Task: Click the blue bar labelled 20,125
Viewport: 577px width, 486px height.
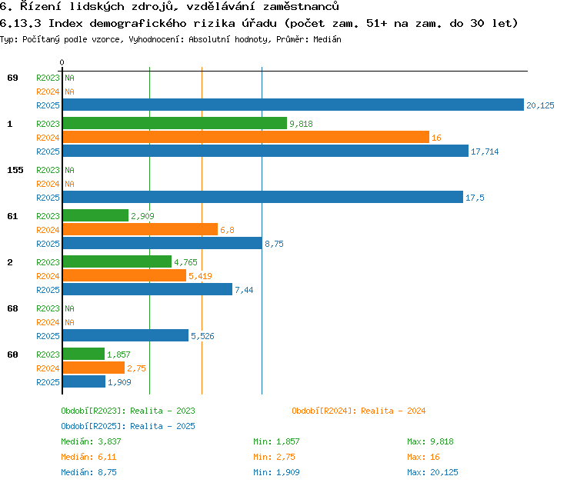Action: (x=293, y=105)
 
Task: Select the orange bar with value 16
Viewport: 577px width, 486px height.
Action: (x=246, y=137)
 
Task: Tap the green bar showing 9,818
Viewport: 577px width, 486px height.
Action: (x=175, y=123)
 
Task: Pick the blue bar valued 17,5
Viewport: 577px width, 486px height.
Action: (x=263, y=197)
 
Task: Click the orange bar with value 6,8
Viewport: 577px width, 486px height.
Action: (x=140, y=229)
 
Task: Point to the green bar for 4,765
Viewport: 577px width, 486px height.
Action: (x=117, y=261)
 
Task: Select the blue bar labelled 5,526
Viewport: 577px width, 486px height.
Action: (x=125, y=335)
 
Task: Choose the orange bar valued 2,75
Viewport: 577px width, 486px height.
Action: (x=94, y=368)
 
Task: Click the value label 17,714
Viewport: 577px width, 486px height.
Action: (x=485, y=151)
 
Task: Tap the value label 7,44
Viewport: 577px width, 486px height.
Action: (x=244, y=290)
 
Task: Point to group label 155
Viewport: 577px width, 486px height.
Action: (x=15, y=170)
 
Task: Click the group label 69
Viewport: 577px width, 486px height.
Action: (x=12, y=78)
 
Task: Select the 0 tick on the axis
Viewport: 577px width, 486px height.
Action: (x=62, y=62)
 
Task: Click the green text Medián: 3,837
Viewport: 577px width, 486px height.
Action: (x=91, y=441)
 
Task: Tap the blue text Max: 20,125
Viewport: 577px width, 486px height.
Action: (x=432, y=472)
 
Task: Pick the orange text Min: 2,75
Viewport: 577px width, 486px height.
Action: (x=274, y=457)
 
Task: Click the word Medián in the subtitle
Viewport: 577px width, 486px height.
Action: (x=327, y=39)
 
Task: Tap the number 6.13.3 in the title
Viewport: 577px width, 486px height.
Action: (x=20, y=24)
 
